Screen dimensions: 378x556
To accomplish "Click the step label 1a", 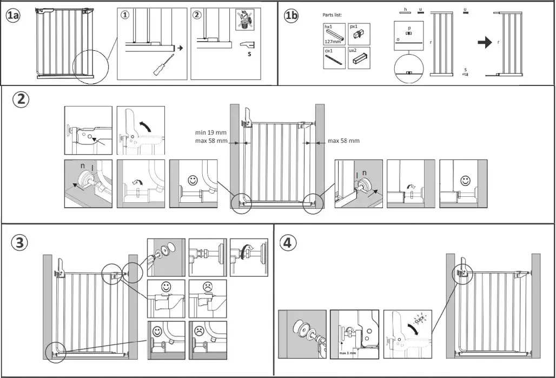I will coord(13,16).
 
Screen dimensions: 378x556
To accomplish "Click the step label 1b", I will coord(291,16).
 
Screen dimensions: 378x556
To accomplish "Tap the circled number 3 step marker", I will coord(19,243).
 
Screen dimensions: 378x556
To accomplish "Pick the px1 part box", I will coord(357,34).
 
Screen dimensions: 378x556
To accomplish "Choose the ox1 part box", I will coord(334,58).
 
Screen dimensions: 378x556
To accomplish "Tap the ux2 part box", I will coord(357,58).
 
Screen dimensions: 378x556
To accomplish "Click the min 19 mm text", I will coord(210,132).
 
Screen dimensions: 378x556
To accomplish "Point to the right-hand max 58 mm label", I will coord(343,141).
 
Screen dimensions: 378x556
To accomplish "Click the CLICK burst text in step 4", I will coord(419,317).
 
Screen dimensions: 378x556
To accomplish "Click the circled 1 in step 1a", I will coord(125,15).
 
